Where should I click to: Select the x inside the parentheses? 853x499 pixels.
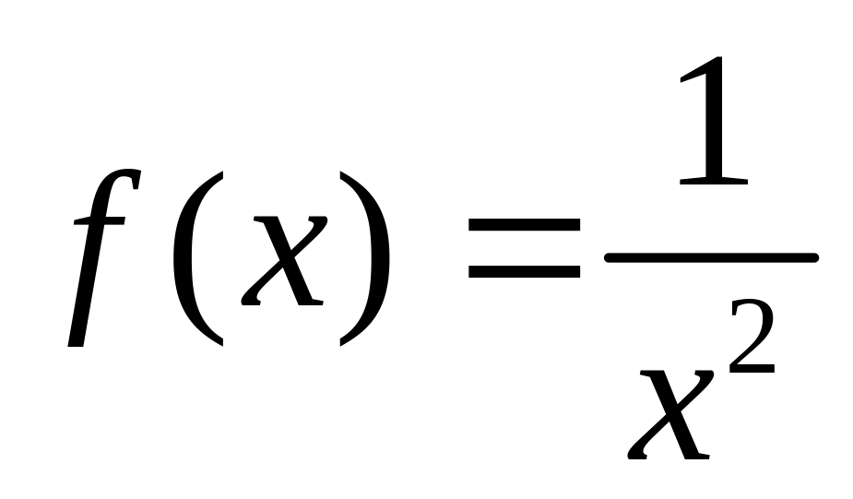pyautogui.click(x=284, y=261)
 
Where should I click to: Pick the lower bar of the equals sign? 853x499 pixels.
pyautogui.click(x=524, y=271)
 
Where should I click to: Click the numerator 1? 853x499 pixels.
pyautogui.click(x=714, y=121)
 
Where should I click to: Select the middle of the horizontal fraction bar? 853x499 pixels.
pyautogui.click(x=711, y=257)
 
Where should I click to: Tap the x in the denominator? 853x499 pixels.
pyautogui.click(x=670, y=415)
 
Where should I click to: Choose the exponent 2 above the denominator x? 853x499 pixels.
pyautogui.click(x=752, y=336)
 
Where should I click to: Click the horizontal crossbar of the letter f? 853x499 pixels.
pyautogui.click(x=100, y=220)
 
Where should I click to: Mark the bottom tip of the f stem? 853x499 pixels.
pyautogui.click(x=75, y=345)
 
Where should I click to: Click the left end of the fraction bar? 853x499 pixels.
pyautogui.click(x=607, y=257)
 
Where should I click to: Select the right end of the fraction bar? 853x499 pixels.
pyautogui.click(x=815, y=257)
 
